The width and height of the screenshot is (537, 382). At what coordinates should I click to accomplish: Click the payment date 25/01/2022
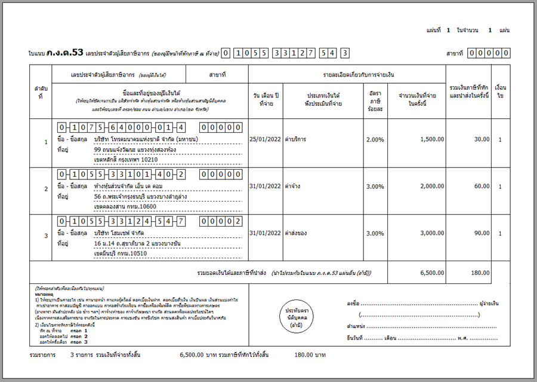click(266, 139)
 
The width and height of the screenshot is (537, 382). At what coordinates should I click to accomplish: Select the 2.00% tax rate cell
click(375, 139)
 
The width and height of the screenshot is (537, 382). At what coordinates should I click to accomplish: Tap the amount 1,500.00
click(423, 139)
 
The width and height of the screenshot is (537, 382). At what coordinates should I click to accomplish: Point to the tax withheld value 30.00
click(481, 139)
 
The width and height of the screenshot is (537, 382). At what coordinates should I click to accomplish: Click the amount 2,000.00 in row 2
click(423, 186)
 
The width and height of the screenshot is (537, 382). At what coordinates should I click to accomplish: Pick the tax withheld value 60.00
click(481, 186)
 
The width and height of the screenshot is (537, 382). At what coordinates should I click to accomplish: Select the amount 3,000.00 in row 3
click(423, 233)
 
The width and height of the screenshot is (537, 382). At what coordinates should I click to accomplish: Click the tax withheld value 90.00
click(481, 233)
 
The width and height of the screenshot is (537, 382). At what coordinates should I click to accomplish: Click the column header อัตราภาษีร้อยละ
click(375, 99)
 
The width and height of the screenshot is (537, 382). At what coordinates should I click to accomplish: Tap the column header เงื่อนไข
click(500, 91)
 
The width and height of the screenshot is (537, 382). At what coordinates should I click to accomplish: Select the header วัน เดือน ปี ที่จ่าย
click(266, 99)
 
